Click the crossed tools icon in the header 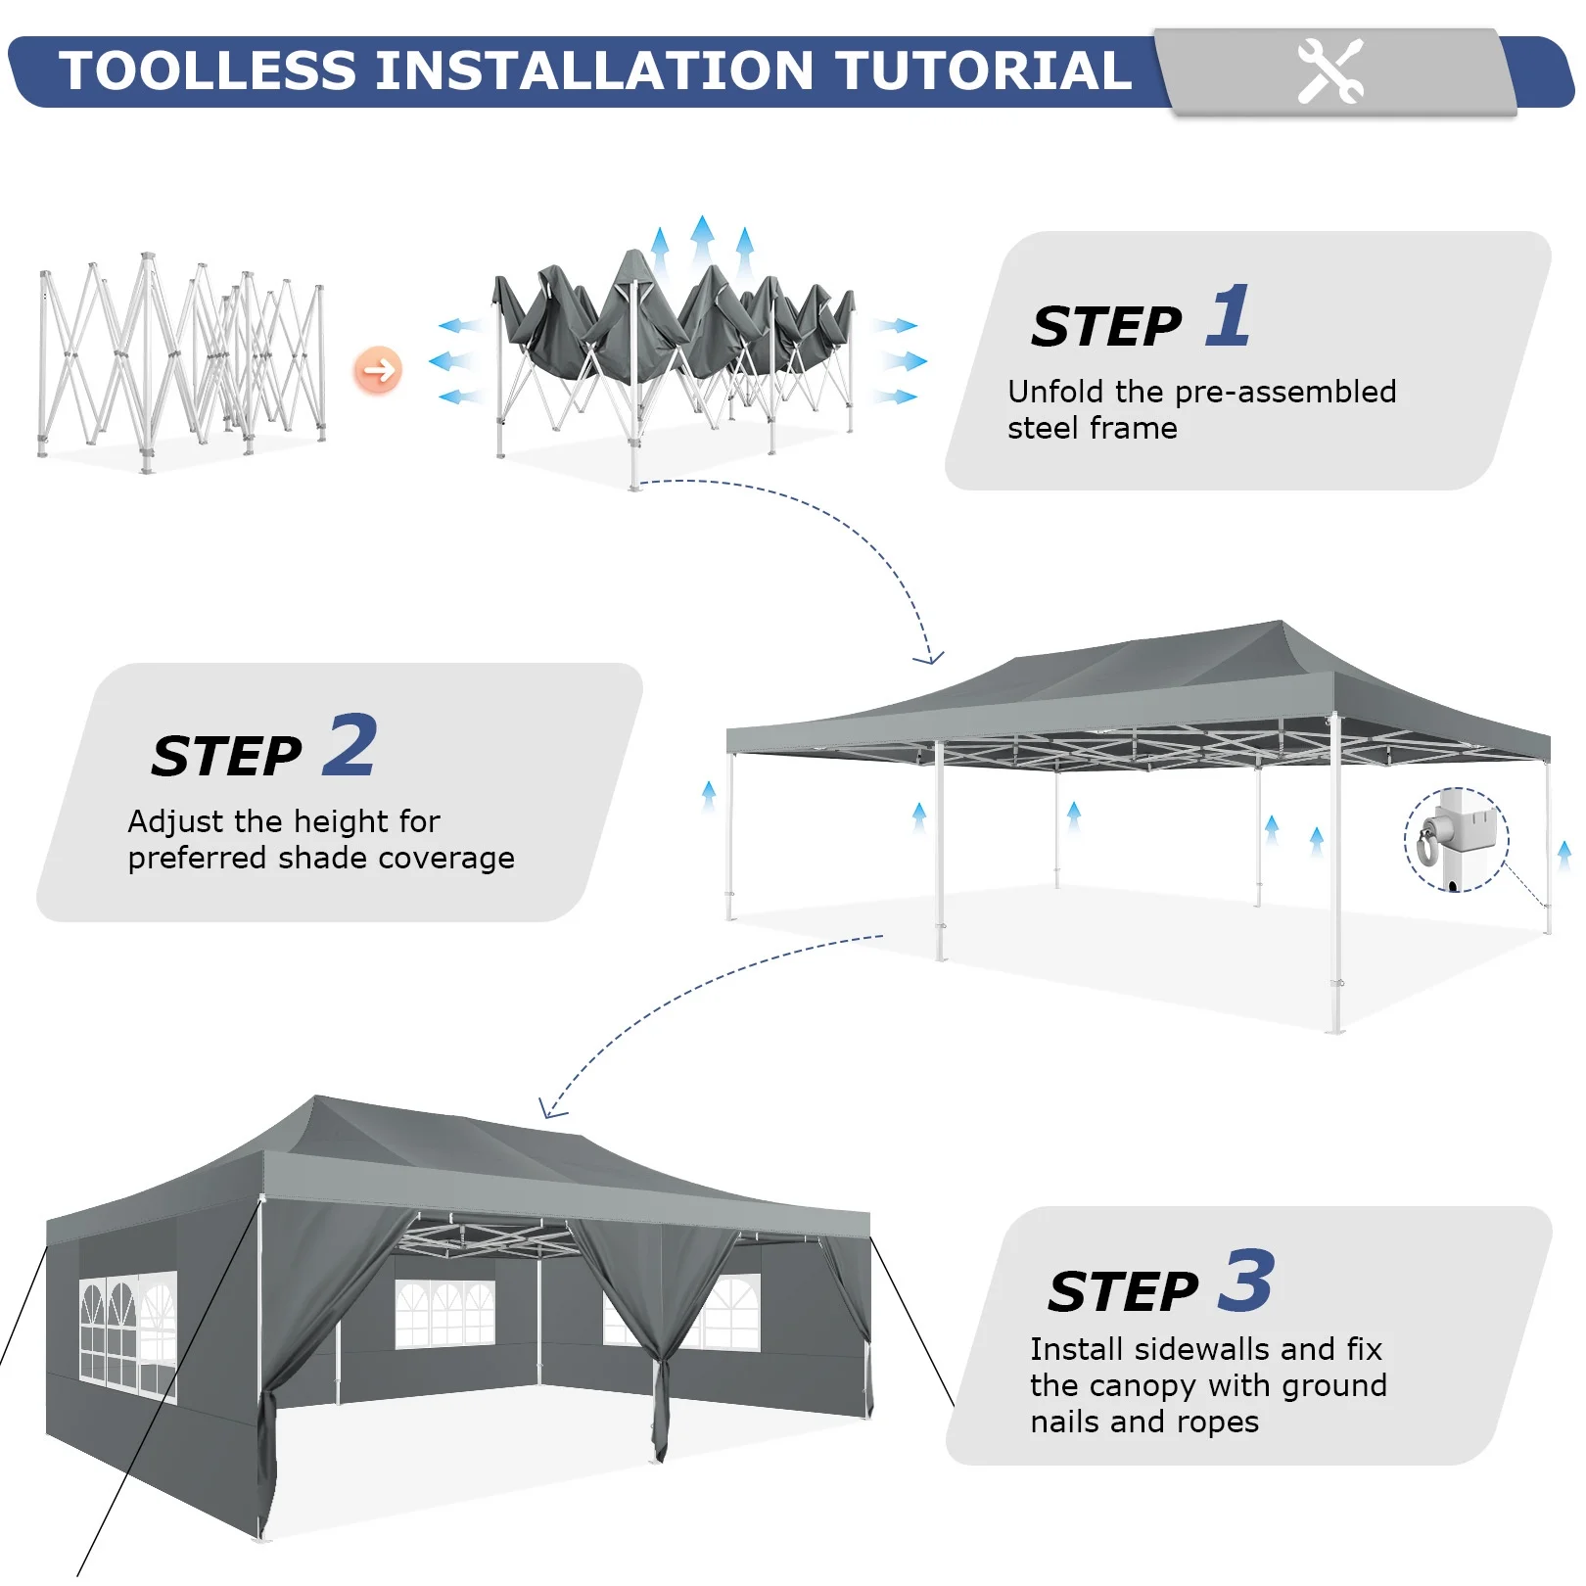pyautogui.click(x=1329, y=71)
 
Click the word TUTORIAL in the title pyautogui.click(x=984, y=70)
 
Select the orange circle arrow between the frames pyautogui.click(x=378, y=370)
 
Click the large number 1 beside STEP pyautogui.click(x=1229, y=315)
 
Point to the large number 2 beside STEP pyautogui.click(x=350, y=745)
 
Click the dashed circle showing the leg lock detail pyautogui.click(x=1457, y=839)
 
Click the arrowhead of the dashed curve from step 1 pyautogui.click(x=928, y=657)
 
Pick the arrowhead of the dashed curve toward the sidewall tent pyautogui.click(x=551, y=1108)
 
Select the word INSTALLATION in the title pyautogui.click(x=595, y=70)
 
